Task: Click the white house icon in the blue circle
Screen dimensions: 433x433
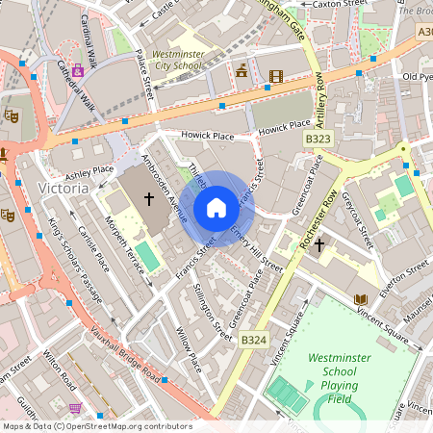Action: [x=216, y=208]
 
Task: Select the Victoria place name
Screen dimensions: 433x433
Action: [x=64, y=188]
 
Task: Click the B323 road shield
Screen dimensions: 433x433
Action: [x=318, y=140]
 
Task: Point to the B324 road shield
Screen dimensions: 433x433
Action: [x=254, y=340]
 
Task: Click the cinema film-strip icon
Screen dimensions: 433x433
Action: [x=276, y=76]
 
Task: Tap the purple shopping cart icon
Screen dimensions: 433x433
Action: [x=75, y=409]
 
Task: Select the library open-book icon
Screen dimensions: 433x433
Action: [x=360, y=300]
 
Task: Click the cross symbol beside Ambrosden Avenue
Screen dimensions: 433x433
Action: [x=148, y=199]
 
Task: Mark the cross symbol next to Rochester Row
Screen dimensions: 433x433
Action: [x=318, y=244]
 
